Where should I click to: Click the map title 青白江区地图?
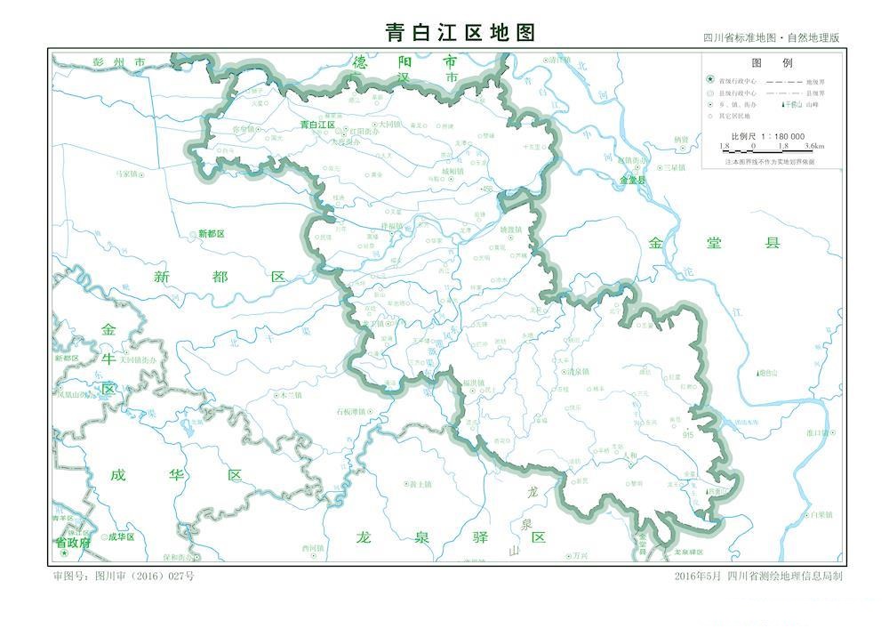(x=461, y=33)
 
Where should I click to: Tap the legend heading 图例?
(x=772, y=63)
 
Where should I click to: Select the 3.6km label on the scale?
(x=813, y=145)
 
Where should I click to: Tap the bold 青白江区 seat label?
(x=317, y=125)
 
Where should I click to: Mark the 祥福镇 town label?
(x=392, y=227)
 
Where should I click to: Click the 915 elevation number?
(x=688, y=435)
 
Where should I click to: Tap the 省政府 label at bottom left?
(x=73, y=541)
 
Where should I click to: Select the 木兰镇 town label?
(x=291, y=394)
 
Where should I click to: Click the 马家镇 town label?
(x=122, y=173)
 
